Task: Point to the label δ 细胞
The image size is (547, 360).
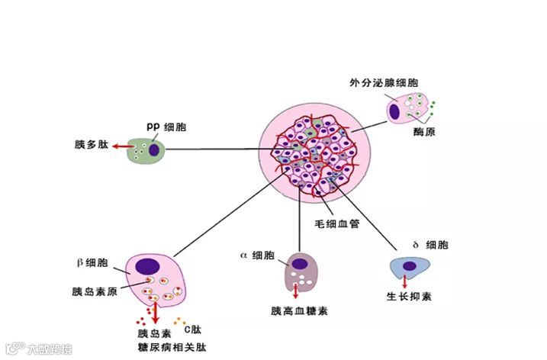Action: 427,245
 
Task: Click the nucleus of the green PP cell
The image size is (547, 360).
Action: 154,149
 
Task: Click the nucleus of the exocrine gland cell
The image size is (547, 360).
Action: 397,112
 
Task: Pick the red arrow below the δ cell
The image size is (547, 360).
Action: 404,281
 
